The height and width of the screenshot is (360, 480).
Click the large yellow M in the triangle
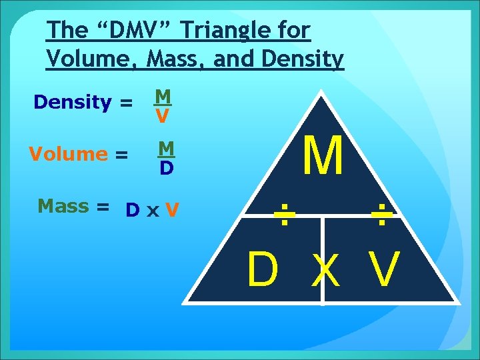[323, 156]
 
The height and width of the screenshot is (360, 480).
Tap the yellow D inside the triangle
[262, 271]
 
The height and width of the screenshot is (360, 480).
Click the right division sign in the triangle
[382, 215]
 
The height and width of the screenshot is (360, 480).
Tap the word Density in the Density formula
[73, 103]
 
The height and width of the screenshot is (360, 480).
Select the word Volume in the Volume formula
[68, 154]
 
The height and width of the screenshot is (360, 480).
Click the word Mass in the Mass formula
[63, 206]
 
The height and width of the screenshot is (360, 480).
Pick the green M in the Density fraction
[162, 97]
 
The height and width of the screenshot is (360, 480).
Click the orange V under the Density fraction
[162, 117]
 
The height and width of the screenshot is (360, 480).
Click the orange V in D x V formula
[172, 210]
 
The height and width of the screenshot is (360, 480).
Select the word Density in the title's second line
[303, 60]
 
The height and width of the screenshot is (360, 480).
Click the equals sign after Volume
[121, 155]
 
